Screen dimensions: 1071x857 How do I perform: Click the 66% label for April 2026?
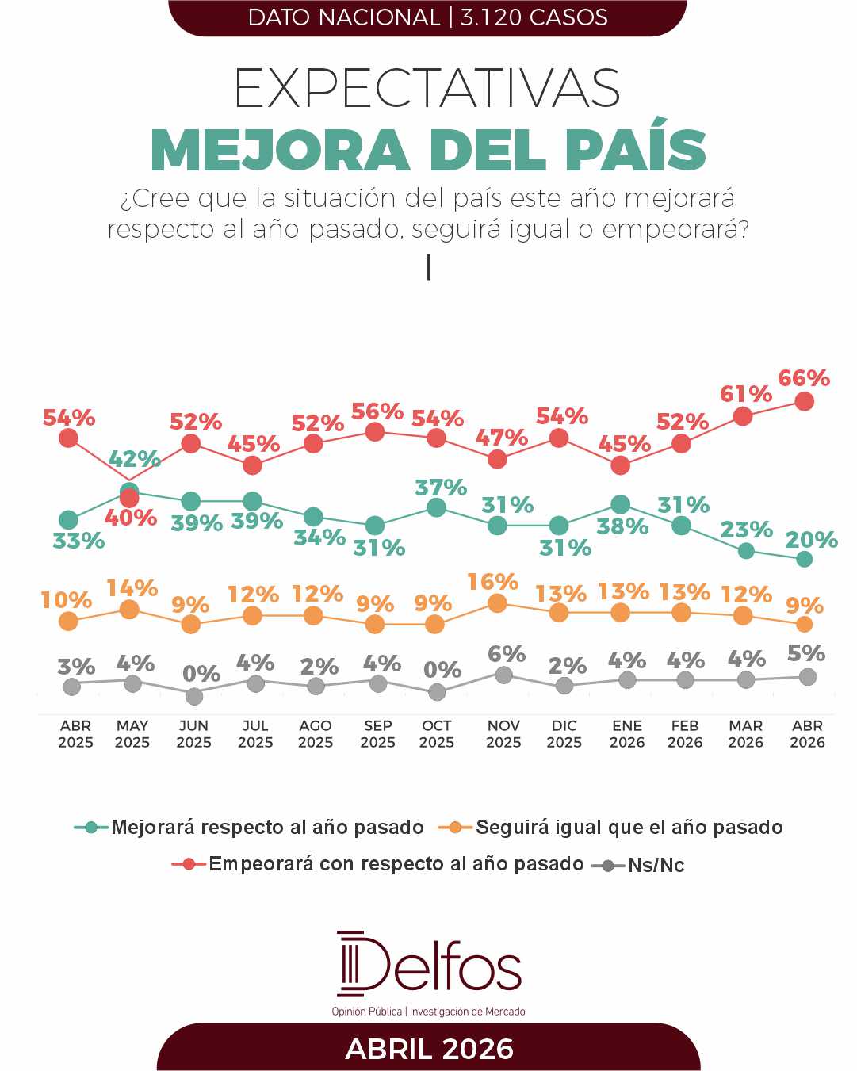click(804, 379)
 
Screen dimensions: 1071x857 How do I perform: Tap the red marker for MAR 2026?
click(743, 415)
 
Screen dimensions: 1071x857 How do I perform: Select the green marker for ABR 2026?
click(804, 559)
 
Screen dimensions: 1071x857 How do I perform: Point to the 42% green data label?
click(134, 459)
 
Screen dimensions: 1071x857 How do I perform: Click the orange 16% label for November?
click(492, 583)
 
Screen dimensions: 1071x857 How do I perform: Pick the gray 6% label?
click(507, 655)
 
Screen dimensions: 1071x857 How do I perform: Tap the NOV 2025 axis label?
click(503, 734)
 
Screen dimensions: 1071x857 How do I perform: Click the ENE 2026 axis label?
click(627, 734)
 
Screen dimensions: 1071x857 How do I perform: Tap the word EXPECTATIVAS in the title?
click(428, 89)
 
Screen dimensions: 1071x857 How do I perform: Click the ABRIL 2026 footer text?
click(429, 1049)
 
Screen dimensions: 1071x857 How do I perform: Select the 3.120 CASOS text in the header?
click(534, 17)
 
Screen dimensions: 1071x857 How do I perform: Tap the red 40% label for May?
click(131, 518)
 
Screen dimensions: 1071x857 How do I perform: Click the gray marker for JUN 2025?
click(193, 696)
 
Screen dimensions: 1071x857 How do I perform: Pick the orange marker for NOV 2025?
click(497, 604)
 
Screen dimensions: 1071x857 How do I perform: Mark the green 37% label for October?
click(441, 488)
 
